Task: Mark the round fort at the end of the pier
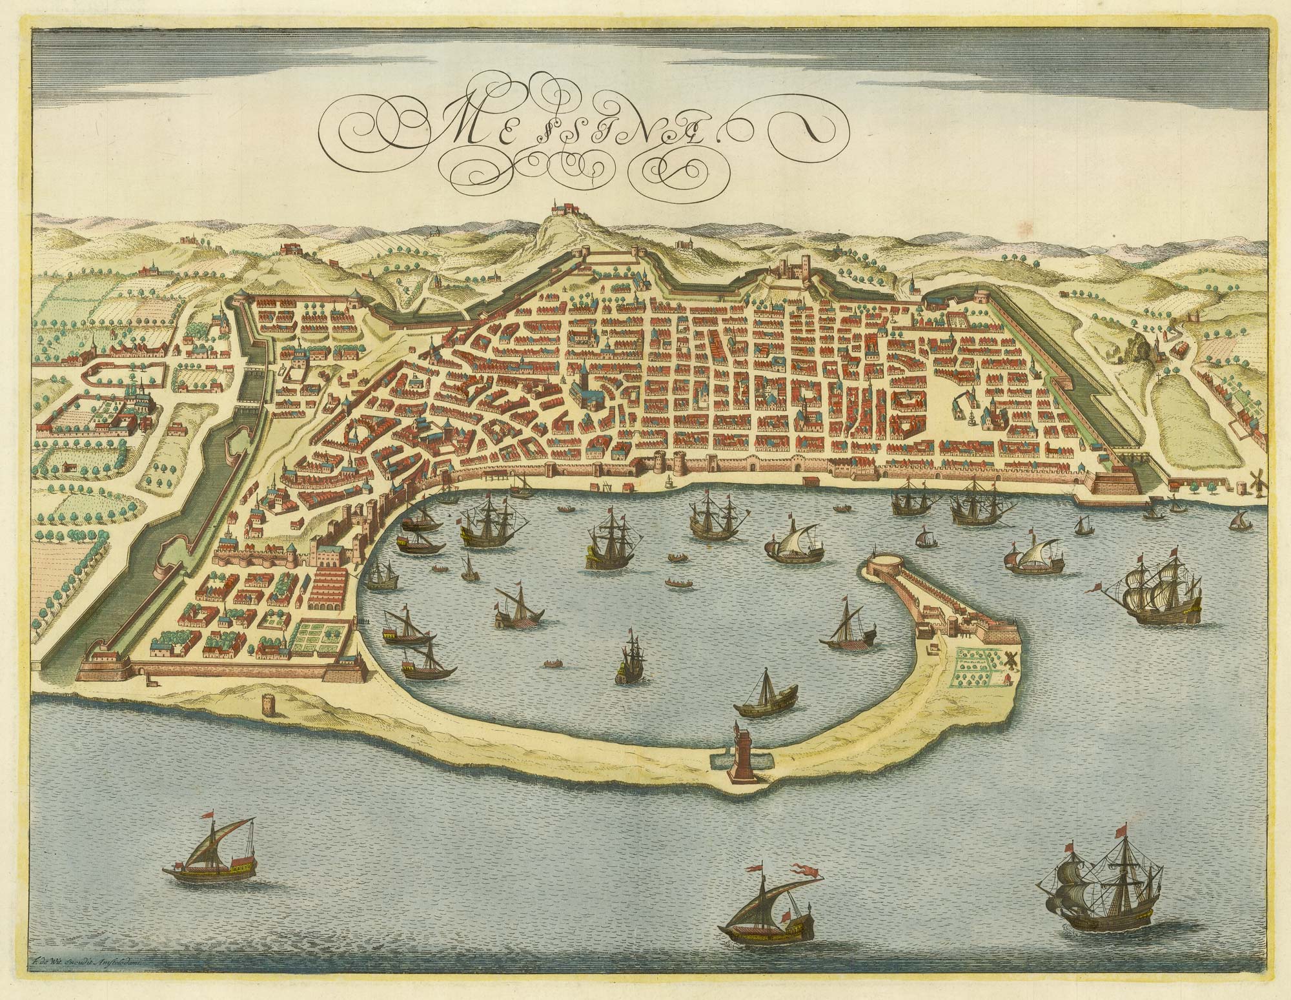(x=886, y=571)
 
